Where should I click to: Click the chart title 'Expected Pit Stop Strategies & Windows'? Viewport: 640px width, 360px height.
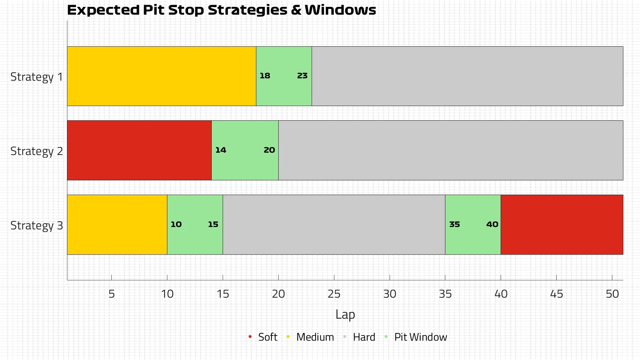[221, 10]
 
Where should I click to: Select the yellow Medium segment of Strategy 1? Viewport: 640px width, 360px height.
[162, 76]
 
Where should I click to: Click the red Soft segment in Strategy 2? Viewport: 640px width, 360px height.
[139, 150]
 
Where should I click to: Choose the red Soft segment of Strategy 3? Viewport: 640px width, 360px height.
[562, 225]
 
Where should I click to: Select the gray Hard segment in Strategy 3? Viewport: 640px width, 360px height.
[334, 225]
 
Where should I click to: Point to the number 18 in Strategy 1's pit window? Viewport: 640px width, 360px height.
[265, 76]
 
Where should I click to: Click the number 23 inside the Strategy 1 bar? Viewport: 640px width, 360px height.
[302, 76]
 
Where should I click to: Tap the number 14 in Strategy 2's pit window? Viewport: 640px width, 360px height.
[221, 150]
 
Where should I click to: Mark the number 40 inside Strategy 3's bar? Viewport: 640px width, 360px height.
[492, 224]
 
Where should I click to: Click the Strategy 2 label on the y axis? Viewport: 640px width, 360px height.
[37, 151]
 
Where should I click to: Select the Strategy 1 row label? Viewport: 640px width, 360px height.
[37, 77]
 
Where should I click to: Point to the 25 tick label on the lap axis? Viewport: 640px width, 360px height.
[334, 294]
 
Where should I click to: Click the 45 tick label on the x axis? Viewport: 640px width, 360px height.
[556, 294]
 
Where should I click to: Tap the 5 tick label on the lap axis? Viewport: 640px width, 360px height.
[112, 294]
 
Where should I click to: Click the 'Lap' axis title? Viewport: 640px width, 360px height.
[345, 314]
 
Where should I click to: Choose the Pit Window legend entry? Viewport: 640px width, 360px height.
[420, 337]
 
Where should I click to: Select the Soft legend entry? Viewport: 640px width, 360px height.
[267, 337]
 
